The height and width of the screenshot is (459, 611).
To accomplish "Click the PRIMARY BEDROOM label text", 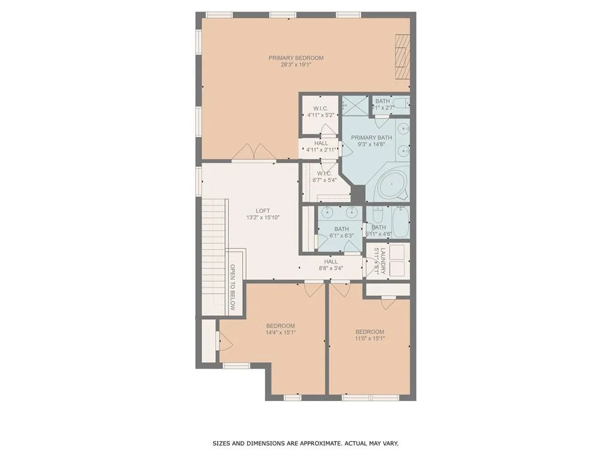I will pyautogui.click(x=295, y=58).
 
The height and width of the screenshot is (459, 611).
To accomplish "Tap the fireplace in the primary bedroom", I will pyautogui.click(x=403, y=57).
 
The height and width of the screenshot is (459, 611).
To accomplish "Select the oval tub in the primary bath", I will pyautogui.click(x=391, y=186).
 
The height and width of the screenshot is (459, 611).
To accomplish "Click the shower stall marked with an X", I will pyautogui.click(x=355, y=105).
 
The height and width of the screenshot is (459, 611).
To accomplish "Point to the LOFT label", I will pyautogui.click(x=263, y=210).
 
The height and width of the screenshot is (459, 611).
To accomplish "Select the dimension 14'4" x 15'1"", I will pyautogui.click(x=280, y=333).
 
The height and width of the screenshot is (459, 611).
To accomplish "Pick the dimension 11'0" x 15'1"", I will pyautogui.click(x=370, y=338).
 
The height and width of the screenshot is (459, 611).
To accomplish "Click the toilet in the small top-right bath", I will pyautogui.click(x=402, y=103).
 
